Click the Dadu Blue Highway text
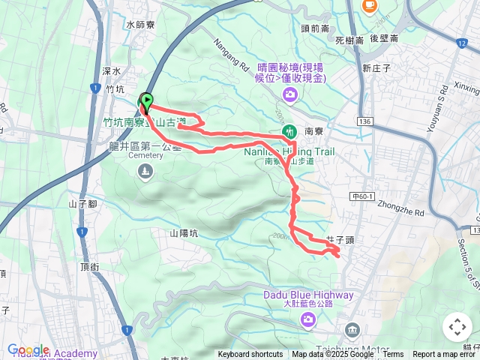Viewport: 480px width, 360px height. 307,295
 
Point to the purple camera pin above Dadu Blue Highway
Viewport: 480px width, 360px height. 307,320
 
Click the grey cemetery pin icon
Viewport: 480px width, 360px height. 145,172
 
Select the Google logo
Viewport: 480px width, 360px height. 28,350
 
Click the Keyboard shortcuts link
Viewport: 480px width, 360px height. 250,355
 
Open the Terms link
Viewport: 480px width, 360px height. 393,355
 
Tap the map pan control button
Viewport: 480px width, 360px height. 457,327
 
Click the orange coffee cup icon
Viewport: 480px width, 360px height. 369,5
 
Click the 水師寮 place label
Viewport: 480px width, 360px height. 140,25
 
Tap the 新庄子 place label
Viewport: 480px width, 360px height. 376,67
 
